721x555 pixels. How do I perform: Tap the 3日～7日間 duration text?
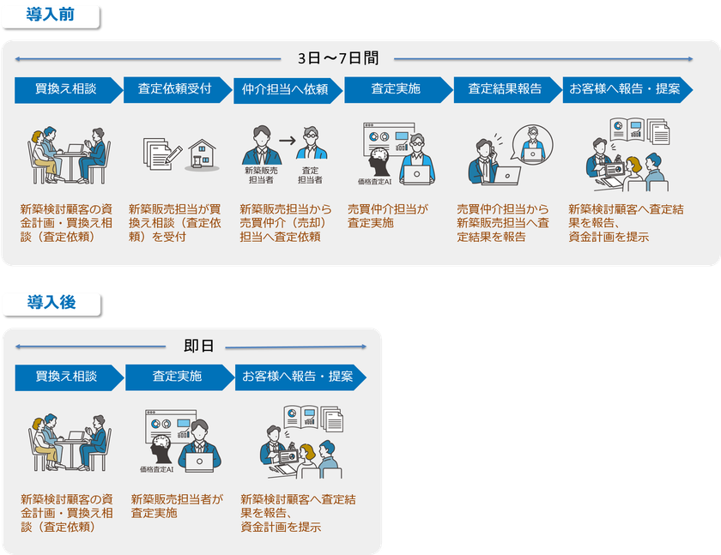click(337, 58)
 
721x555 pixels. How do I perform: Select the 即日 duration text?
click(198, 347)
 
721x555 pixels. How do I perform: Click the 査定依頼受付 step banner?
click(175, 89)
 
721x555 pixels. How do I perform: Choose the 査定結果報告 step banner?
click(504, 89)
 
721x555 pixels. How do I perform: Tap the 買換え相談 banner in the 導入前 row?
click(65, 89)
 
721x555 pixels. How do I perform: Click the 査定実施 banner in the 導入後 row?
click(177, 377)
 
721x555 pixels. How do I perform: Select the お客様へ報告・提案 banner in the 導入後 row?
click(297, 377)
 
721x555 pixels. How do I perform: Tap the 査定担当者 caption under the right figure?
click(310, 176)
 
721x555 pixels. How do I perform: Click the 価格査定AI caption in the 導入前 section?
click(374, 182)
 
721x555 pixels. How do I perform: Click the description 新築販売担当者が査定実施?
click(177, 505)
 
